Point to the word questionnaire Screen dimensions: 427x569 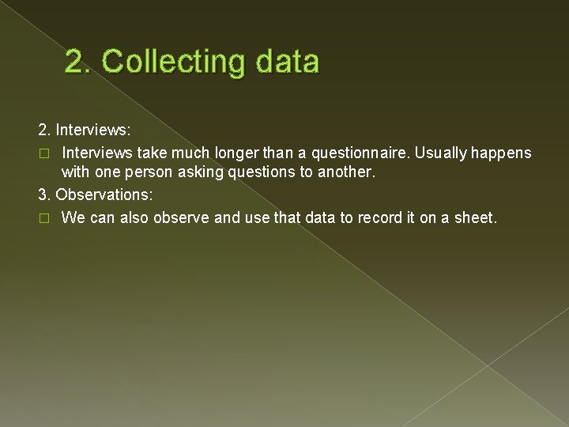(x=359, y=152)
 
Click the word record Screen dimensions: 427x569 (x=382, y=217)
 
